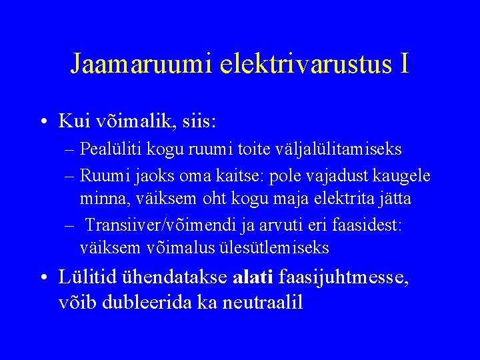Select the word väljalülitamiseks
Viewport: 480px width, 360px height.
tap(349, 149)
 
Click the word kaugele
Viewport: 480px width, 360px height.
tap(399, 175)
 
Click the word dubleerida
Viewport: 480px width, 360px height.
tap(146, 302)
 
